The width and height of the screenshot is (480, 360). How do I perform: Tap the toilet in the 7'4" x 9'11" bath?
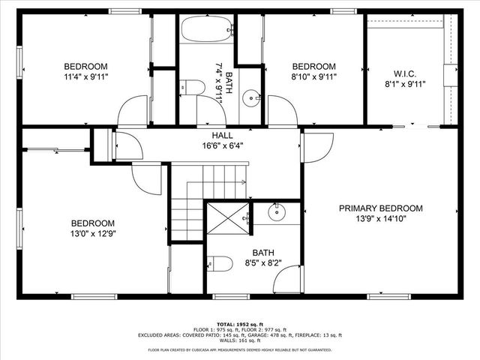[x=193, y=88]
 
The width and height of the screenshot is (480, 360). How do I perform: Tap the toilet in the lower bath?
[x=219, y=263]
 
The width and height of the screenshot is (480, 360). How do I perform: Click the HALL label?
[x=222, y=135]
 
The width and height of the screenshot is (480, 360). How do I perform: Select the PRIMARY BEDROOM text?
[x=380, y=208]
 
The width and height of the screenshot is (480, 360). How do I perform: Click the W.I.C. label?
[x=404, y=74]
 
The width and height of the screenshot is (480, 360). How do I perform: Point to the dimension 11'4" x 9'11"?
[x=85, y=76]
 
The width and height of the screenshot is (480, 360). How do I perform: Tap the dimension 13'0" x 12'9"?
[x=92, y=234]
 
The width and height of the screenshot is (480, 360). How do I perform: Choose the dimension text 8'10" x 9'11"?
[x=314, y=76]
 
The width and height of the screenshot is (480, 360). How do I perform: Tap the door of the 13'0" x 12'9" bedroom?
[x=146, y=176]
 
